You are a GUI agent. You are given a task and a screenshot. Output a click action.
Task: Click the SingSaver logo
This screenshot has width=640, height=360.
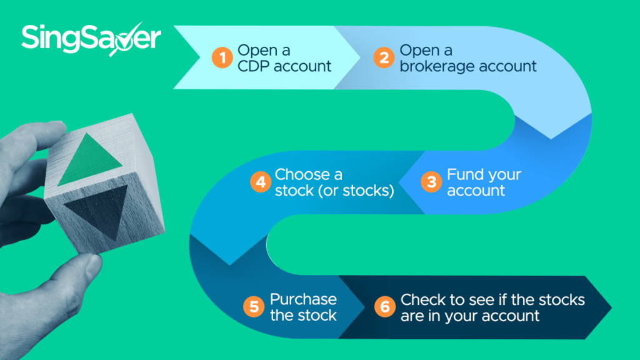click(x=91, y=38)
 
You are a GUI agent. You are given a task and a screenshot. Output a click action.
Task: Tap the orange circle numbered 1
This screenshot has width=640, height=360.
click(x=222, y=57)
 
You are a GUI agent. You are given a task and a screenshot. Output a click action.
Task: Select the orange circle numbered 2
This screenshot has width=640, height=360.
click(x=384, y=57)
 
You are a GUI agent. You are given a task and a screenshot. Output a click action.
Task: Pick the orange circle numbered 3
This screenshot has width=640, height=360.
click(x=431, y=182)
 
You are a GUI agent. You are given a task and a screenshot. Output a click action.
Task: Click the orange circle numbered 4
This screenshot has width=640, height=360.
click(x=261, y=182)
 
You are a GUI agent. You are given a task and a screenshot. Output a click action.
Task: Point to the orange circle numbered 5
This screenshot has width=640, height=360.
click(x=254, y=306)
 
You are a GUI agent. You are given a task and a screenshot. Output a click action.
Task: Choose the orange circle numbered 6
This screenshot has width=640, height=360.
click(x=385, y=306)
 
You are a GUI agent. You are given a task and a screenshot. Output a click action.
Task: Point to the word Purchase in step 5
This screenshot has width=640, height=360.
click(x=303, y=299)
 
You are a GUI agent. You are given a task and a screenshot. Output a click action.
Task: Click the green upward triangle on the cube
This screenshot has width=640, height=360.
click(x=89, y=161)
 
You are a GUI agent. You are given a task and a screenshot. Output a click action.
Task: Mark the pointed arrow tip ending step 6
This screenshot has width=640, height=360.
click(x=611, y=307)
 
